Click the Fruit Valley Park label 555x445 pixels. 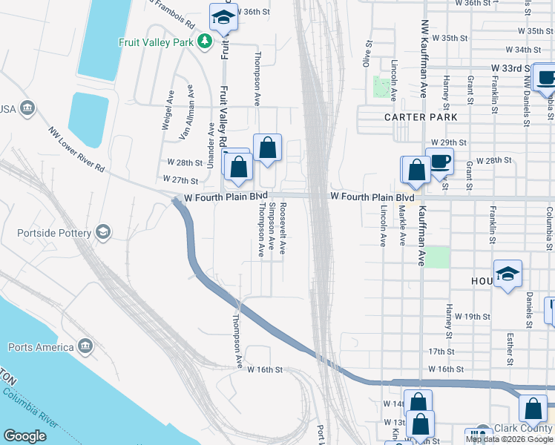[157, 42]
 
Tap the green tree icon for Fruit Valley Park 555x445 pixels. [206, 42]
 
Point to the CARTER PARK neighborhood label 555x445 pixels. [420, 117]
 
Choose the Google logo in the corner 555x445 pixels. [24, 436]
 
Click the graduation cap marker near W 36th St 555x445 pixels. [222, 17]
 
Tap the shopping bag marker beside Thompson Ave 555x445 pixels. [267, 148]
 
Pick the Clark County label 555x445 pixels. [524, 428]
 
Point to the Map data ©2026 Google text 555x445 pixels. [508, 439]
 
